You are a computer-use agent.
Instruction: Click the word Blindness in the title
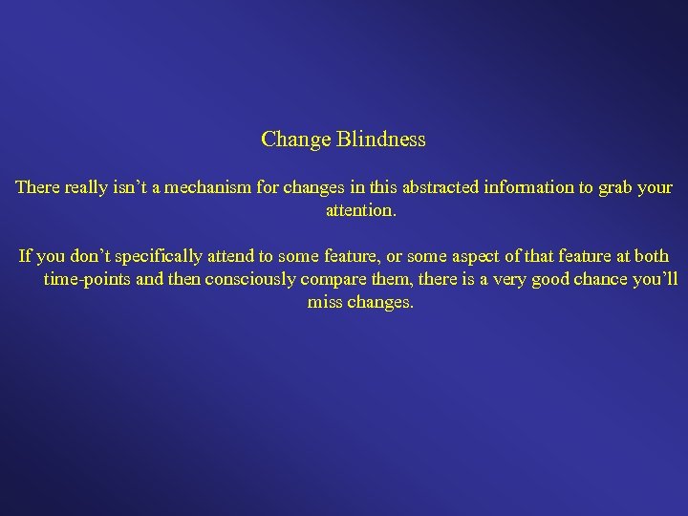(380, 140)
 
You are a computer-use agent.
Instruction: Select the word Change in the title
(295, 140)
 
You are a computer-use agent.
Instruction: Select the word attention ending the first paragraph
(359, 210)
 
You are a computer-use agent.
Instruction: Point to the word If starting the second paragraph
(26, 256)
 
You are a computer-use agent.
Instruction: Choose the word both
(650, 256)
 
